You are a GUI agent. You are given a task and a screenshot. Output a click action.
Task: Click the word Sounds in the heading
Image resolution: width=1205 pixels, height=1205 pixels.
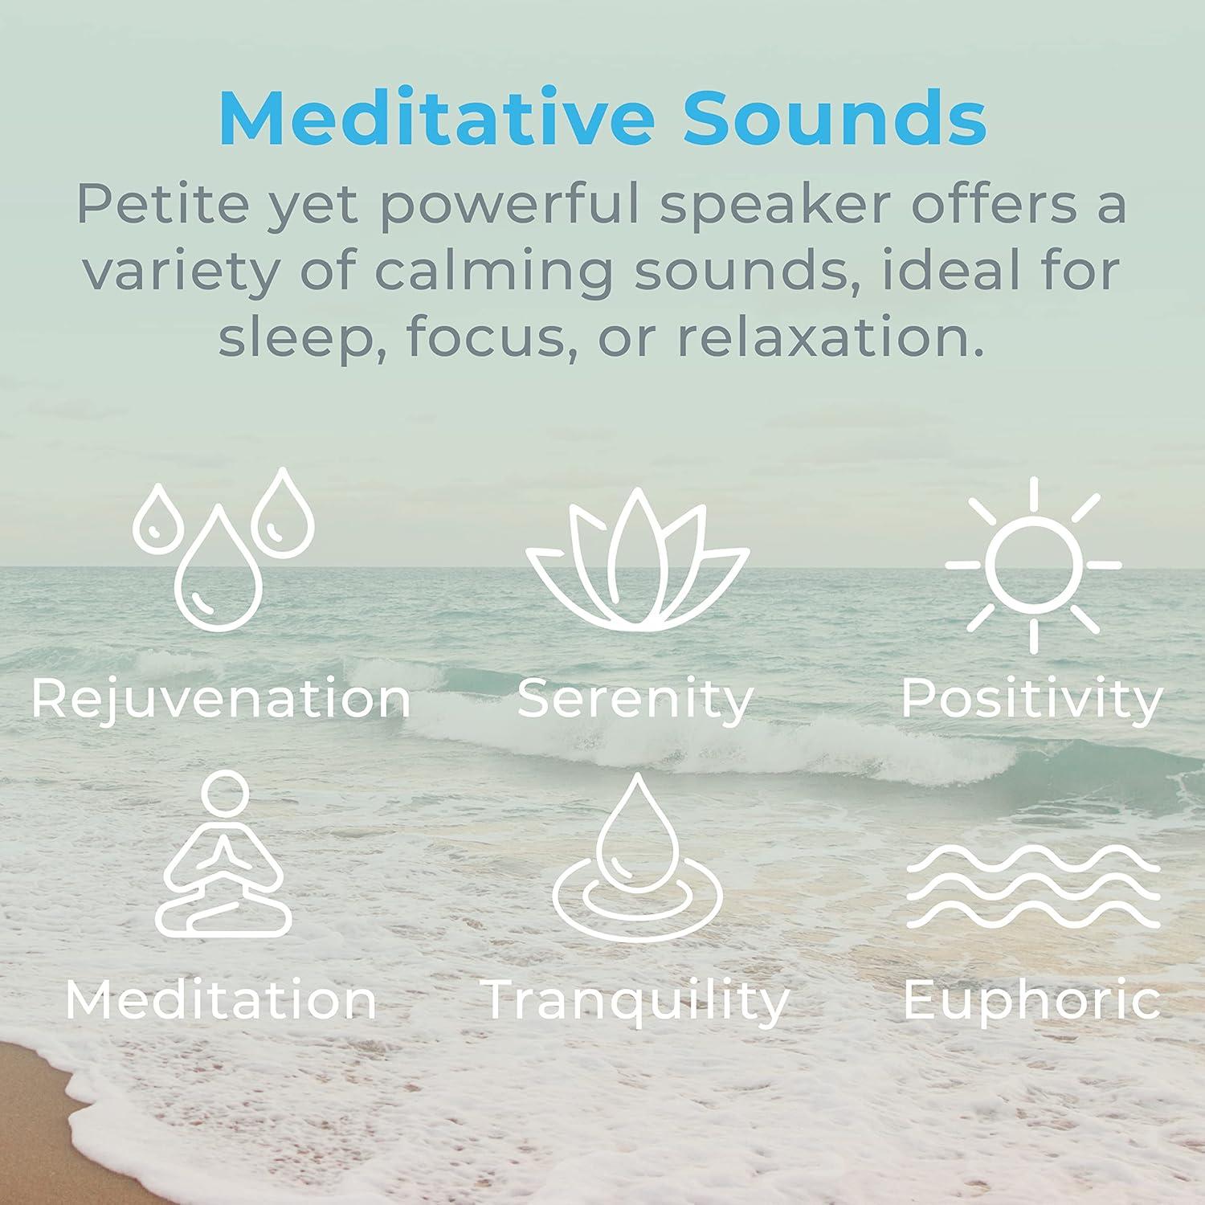835,118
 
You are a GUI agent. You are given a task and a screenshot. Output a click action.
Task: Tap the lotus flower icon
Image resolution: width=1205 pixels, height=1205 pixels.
636,562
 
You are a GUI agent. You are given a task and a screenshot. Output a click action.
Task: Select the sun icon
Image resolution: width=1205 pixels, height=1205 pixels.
1033,564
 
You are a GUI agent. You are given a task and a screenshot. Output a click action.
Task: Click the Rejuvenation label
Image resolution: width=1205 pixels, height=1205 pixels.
222,699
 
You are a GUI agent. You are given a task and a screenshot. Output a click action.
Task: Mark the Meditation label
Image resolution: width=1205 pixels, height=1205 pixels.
221,1001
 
